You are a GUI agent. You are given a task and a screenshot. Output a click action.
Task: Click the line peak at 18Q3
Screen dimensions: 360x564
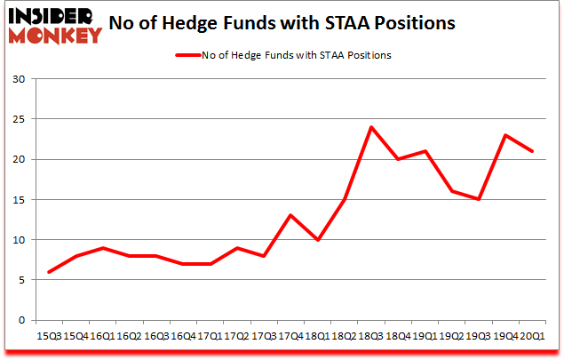point(370,127)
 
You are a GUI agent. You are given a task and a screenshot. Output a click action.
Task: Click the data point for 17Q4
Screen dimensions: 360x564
point(290,215)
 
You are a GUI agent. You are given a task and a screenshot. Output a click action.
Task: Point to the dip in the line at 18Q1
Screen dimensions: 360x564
point(317,239)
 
